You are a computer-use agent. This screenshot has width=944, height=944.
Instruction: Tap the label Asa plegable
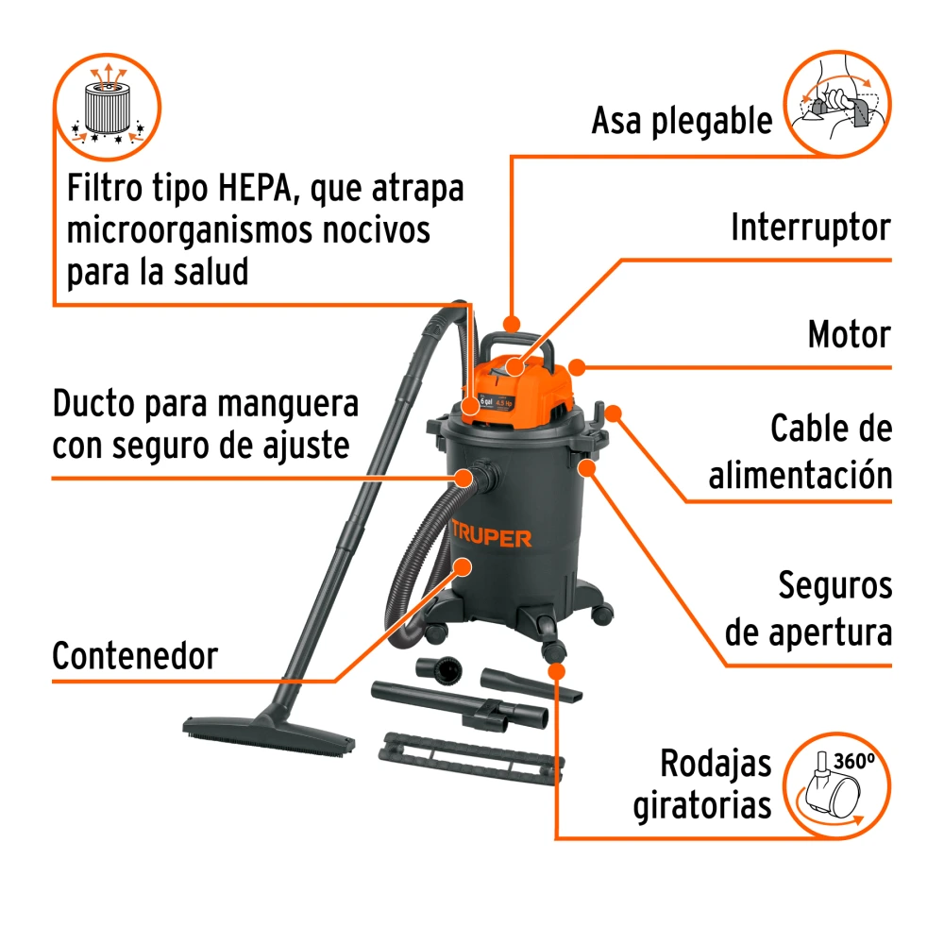(682, 121)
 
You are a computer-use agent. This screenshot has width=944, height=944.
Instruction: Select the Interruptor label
(810, 227)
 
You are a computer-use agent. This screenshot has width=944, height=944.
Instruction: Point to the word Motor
(849, 334)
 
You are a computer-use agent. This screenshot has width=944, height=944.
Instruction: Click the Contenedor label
(135, 656)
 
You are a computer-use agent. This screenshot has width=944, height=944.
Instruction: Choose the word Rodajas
(716, 764)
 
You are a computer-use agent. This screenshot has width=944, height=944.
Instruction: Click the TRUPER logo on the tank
(491, 536)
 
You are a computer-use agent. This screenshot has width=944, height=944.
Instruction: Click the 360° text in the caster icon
(853, 761)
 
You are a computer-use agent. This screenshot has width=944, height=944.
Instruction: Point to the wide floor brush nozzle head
(268, 735)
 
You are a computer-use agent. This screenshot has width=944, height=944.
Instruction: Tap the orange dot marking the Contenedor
(463, 566)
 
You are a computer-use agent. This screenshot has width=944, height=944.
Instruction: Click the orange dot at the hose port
(464, 479)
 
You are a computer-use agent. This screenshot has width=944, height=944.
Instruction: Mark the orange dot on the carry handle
(511, 324)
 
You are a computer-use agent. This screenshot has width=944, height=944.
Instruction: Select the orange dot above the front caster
(557, 672)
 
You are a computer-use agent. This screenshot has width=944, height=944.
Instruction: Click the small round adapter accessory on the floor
(440, 670)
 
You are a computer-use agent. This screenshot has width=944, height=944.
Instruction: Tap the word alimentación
(801, 475)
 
